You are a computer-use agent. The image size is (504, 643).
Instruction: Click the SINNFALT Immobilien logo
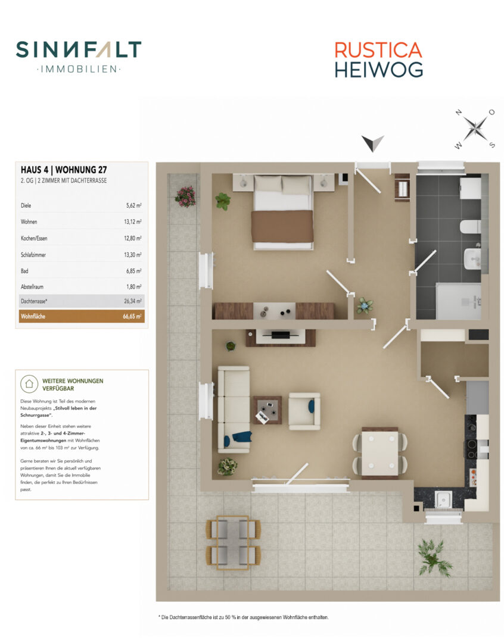(79, 57)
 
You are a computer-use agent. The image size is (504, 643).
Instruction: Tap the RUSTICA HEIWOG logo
(378, 60)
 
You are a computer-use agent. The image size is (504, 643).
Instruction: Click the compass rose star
(475, 129)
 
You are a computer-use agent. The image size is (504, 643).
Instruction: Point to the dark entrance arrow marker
(373, 143)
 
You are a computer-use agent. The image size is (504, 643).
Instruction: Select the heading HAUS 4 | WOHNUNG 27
(64, 170)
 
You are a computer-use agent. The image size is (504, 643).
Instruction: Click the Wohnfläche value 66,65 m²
(132, 317)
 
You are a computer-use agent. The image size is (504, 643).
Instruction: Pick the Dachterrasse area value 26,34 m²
(133, 301)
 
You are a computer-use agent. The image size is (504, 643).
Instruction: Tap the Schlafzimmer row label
(33, 255)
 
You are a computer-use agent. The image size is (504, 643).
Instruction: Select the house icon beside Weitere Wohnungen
(29, 384)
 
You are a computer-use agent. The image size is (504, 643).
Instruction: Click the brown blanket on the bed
(282, 226)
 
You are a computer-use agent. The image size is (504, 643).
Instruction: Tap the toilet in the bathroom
(470, 227)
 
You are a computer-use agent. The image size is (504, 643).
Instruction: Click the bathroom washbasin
(472, 258)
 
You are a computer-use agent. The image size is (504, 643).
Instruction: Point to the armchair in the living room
(304, 411)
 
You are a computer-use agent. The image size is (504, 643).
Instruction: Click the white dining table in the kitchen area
(379, 452)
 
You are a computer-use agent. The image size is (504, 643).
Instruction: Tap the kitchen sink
(443, 500)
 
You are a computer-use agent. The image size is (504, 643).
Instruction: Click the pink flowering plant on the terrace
(185, 196)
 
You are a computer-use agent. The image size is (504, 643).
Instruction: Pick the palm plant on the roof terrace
(434, 558)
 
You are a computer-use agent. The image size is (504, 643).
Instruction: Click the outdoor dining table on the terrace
(233, 543)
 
